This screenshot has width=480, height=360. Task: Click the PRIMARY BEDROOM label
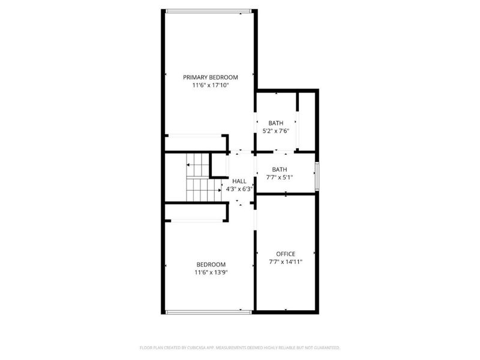click(x=211, y=77)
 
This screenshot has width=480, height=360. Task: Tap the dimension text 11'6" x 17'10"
click(x=211, y=86)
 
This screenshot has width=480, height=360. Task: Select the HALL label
click(x=239, y=181)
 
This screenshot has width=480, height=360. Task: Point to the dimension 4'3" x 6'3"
click(x=239, y=189)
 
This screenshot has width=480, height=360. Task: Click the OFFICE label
click(x=286, y=254)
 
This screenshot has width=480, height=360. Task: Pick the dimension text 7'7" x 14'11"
click(x=286, y=262)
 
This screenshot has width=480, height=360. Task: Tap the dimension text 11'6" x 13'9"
click(x=211, y=272)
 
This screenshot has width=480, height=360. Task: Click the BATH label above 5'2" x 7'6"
click(x=276, y=123)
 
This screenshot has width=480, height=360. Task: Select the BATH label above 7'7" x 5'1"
click(x=280, y=169)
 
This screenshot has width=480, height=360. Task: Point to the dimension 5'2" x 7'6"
click(x=276, y=131)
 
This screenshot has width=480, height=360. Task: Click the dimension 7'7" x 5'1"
click(x=280, y=177)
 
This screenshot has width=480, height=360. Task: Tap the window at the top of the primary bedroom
click(x=208, y=10)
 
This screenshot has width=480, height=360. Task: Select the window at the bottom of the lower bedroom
click(x=208, y=311)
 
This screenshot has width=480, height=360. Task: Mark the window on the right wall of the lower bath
click(x=317, y=172)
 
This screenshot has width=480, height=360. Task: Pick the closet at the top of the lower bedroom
click(x=196, y=212)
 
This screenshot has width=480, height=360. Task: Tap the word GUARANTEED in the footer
click(x=325, y=348)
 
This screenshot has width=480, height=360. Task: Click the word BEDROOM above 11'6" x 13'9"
click(x=211, y=265)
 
